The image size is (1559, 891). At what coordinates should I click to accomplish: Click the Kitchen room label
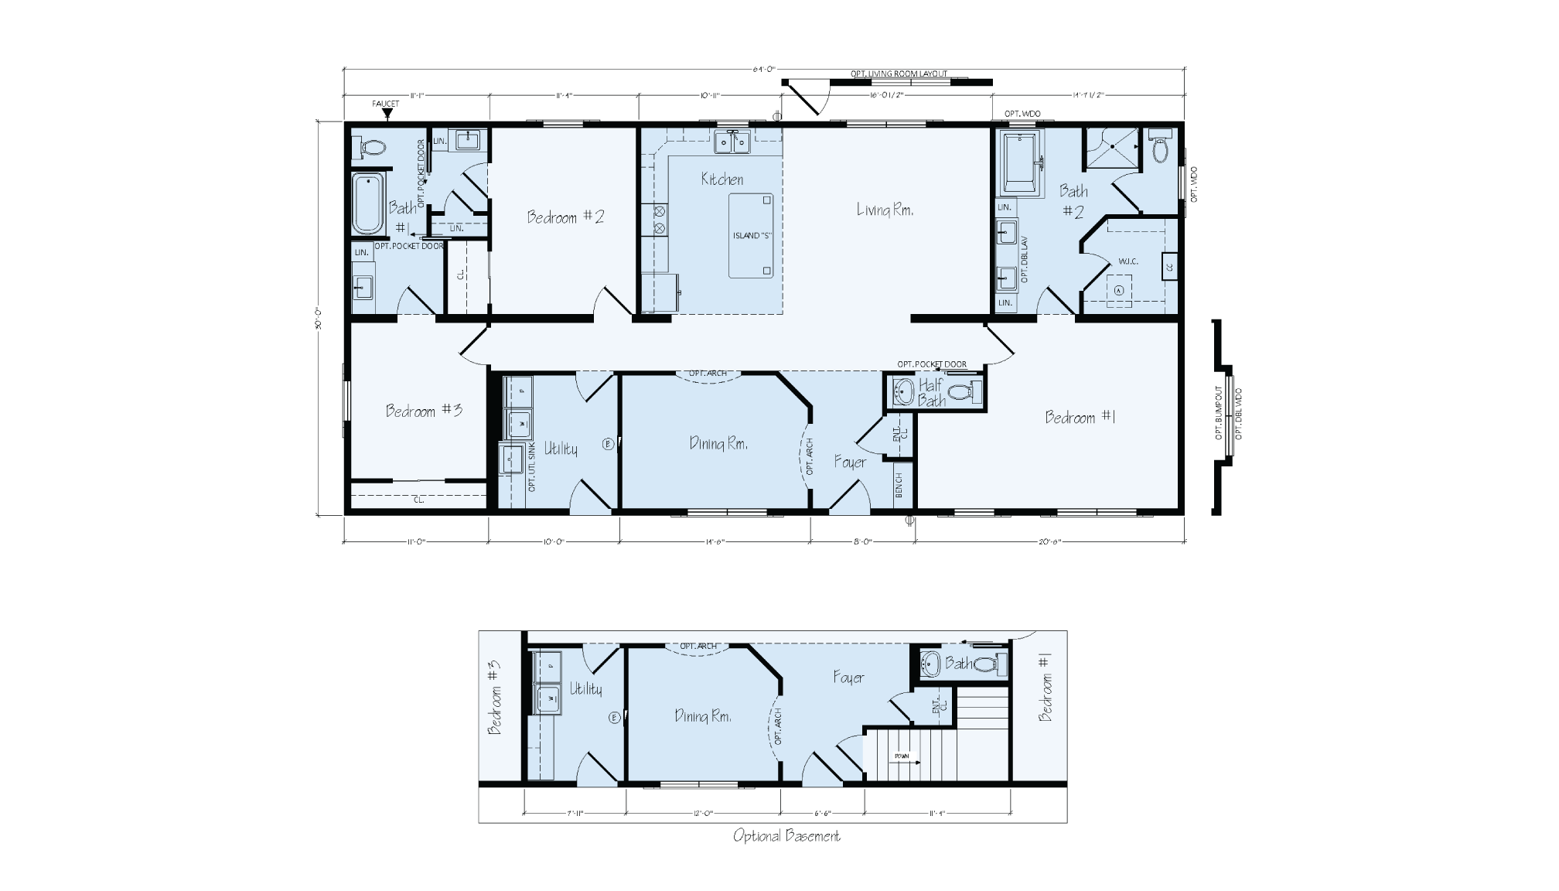722,179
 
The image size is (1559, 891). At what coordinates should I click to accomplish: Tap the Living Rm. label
885,210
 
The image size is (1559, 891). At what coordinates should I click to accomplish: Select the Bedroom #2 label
565,217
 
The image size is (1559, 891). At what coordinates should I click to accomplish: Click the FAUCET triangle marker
387,114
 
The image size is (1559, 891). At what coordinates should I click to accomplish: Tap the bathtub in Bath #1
368,203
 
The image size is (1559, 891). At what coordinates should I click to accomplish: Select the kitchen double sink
732,142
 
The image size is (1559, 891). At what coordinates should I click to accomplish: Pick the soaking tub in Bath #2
1022,163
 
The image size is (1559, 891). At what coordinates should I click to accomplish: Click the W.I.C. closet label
1128,261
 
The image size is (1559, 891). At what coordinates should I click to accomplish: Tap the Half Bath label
932,392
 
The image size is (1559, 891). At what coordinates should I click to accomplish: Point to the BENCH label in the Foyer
899,485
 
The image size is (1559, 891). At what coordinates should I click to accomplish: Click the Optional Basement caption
786,835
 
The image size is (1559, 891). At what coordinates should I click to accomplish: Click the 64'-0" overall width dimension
763,70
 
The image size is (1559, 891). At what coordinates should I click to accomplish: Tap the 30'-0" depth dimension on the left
318,317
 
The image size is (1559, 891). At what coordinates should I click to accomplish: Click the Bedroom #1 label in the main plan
1080,418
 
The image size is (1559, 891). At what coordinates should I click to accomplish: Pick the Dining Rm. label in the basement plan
703,716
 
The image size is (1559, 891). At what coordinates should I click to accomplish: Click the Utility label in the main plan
561,449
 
